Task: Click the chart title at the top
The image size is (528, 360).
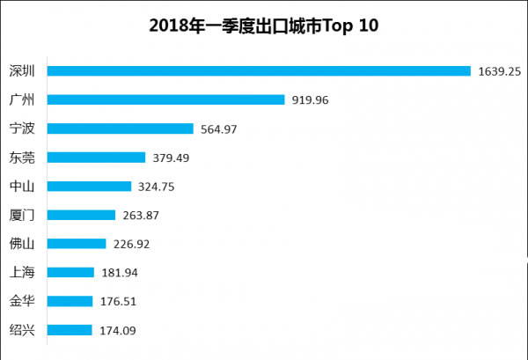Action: pyautogui.click(x=264, y=26)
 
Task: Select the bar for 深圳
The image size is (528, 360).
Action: pyautogui.click(x=259, y=71)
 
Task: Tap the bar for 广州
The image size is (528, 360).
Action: pyautogui.click(x=165, y=100)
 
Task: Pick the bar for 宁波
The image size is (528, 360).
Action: pyautogui.click(x=120, y=129)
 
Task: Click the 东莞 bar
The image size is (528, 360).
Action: pyautogui.click(x=96, y=158)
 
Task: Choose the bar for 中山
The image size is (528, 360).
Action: pyautogui.click(x=89, y=187)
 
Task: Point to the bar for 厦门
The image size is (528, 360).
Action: pyautogui.click(x=81, y=215)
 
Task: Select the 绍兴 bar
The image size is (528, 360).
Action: pyautogui.click(x=70, y=330)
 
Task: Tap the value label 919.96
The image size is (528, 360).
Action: pyautogui.click(x=310, y=100)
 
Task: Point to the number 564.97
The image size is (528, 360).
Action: pyautogui.click(x=218, y=129)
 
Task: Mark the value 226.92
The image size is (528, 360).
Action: pyautogui.click(x=131, y=244)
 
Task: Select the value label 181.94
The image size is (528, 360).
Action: pyautogui.click(x=119, y=273)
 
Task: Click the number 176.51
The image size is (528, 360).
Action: pyautogui.click(x=117, y=301)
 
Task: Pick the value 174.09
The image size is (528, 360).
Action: pyautogui.click(x=117, y=330)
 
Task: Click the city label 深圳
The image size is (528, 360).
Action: pyautogui.click(x=22, y=71)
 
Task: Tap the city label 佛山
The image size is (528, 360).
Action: pyautogui.click(x=22, y=244)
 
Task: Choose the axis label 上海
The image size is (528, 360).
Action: pyautogui.click(x=22, y=273)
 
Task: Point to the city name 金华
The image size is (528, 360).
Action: pyautogui.click(x=22, y=301)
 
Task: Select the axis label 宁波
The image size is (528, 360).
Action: pyautogui.click(x=22, y=129)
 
